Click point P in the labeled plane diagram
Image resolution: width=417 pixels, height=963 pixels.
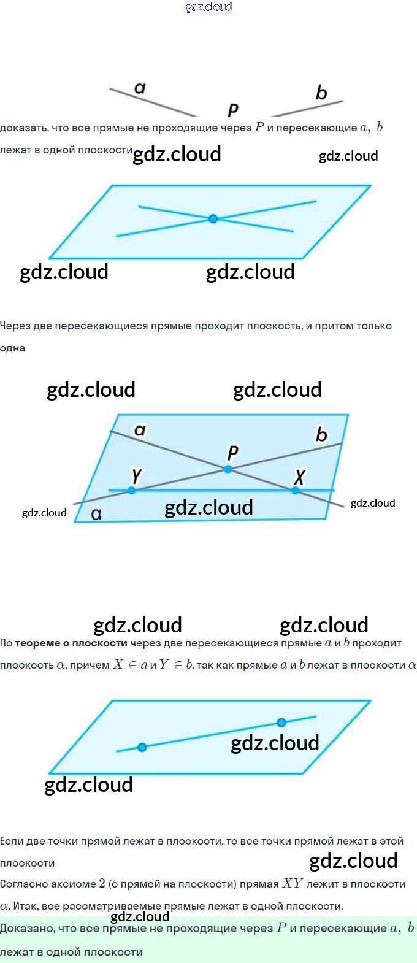pyautogui.click(x=228, y=469)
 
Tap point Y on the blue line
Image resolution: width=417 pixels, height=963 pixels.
pyautogui.click(x=132, y=491)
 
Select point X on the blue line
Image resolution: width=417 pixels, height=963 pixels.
pyautogui.click(x=296, y=491)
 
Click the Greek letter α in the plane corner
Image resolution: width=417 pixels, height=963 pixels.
pyautogui.click(x=96, y=514)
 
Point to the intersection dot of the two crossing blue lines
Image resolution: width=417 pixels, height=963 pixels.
pyautogui.click(x=213, y=218)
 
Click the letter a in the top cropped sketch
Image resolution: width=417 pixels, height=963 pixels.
pyautogui.click(x=140, y=88)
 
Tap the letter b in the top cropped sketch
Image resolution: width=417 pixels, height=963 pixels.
pyautogui.click(x=321, y=93)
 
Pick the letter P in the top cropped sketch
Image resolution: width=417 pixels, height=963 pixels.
pyautogui.click(x=233, y=109)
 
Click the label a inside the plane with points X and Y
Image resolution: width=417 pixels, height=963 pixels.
pyautogui.click(x=140, y=430)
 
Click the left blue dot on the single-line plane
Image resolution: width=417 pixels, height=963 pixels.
pyautogui.click(x=142, y=747)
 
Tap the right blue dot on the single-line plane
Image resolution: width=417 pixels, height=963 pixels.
pyautogui.click(x=281, y=723)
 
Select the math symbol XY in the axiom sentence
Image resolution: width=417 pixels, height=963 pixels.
pyautogui.click(x=293, y=884)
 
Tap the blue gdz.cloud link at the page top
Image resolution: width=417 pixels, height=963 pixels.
pyautogui.click(x=208, y=7)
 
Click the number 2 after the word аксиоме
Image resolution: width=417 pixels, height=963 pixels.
pyautogui.click(x=102, y=884)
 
